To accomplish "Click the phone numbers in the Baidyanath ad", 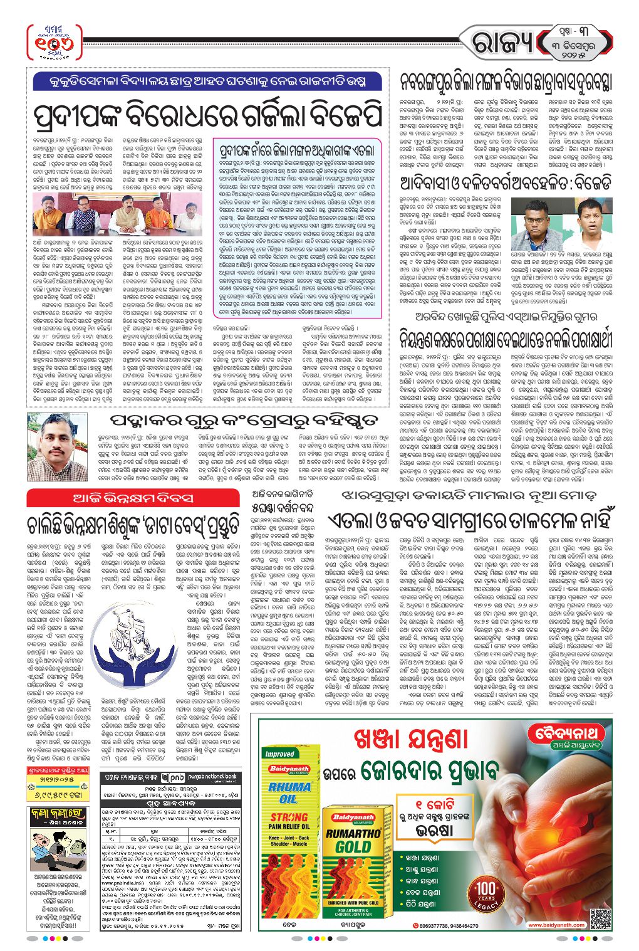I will [x=447, y=926].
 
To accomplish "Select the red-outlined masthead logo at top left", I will [x=55, y=43].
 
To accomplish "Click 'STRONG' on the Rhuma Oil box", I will [x=289, y=817].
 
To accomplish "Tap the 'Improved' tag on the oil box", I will [x=279, y=754].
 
